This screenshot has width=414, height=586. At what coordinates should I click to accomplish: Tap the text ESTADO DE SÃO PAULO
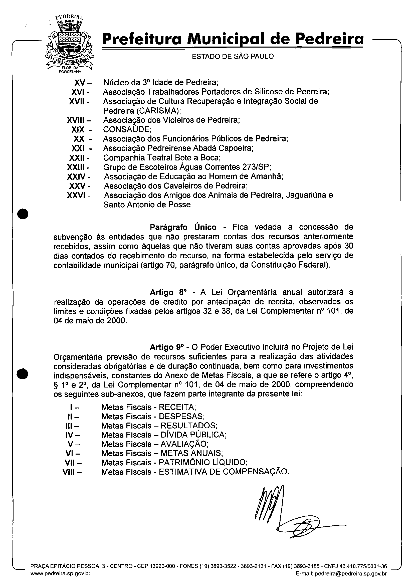click(x=233, y=56)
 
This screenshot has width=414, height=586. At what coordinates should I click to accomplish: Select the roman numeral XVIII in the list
click(x=76, y=120)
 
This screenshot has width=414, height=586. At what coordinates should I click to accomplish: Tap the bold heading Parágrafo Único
click(x=183, y=227)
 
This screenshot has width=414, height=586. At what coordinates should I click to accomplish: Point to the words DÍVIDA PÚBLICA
click(x=193, y=435)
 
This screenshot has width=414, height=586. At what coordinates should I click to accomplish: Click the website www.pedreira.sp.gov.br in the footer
click(x=61, y=574)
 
